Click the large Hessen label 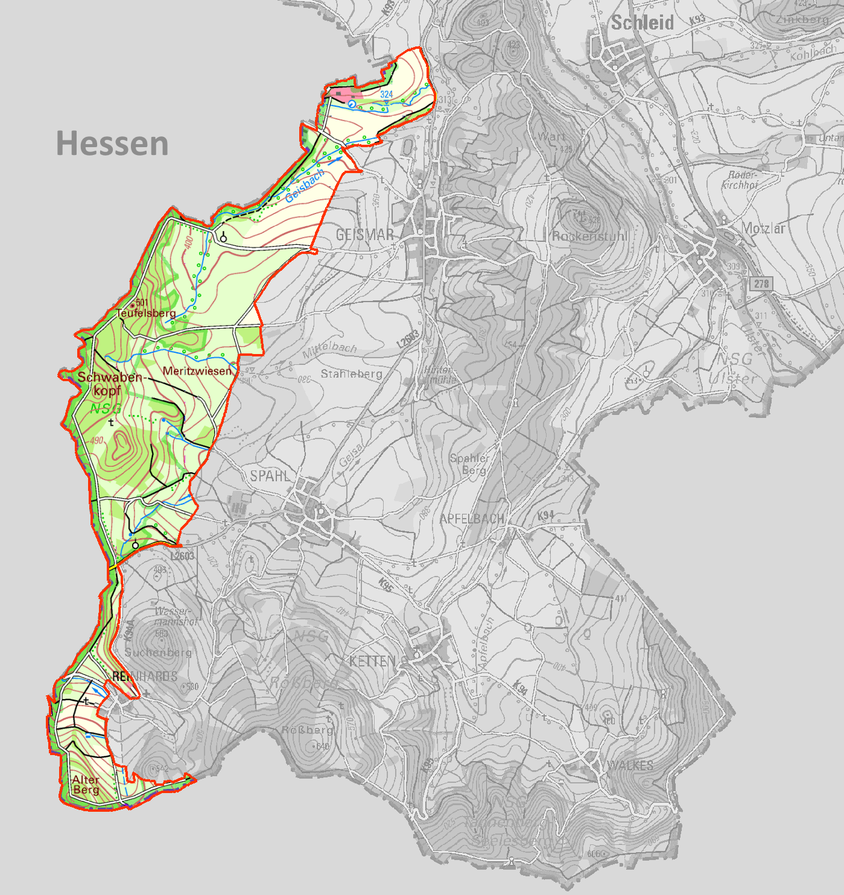pos(112,144)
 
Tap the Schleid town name pos(643,23)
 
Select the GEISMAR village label pos(364,235)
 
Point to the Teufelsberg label pos(146,313)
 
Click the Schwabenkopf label pos(109,384)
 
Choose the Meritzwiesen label pos(197,371)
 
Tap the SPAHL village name pos(270,476)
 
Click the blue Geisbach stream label pos(305,186)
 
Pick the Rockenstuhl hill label pos(590,236)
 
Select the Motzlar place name pos(763,228)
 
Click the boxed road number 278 pos(761,283)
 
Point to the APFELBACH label pos(472,519)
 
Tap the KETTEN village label pos(372,662)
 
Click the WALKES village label pos(630,765)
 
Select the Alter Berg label pos(86,785)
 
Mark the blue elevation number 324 pos(387,94)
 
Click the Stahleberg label pos(351,374)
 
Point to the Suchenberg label pos(158,652)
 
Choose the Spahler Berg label pos(470,464)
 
